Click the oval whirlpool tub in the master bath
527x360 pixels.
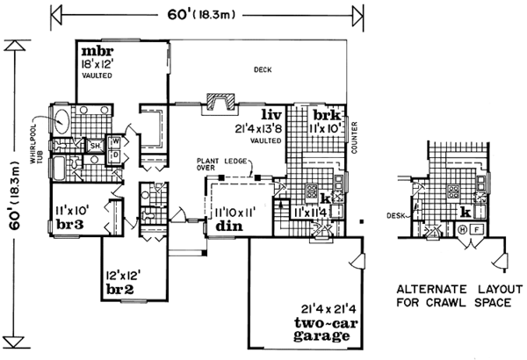pyautogui.click(x=63, y=119)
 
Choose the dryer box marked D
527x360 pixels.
pyautogui.click(x=115, y=155)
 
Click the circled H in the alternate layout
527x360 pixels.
pyautogui.click(x=462, y=230)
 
